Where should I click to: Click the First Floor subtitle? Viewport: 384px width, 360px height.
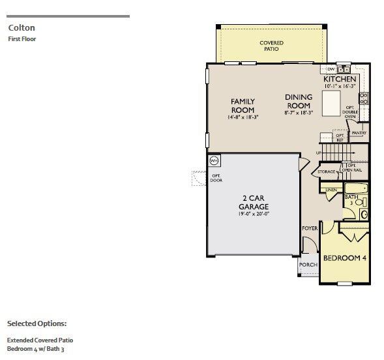(x=22, y=39)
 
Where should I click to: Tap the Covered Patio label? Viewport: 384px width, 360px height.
(x=271, y=46)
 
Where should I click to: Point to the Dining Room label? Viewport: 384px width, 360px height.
(x=299, y=101)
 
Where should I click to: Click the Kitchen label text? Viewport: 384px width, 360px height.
(x=340, y=79)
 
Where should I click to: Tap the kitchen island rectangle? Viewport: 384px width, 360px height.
(x=331, y=102)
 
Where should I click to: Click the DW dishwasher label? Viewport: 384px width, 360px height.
(x=331, y=68)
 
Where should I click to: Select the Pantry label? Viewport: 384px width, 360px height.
(x=359, y=133)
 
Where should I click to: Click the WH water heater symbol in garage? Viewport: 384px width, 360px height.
(x=214, y=160)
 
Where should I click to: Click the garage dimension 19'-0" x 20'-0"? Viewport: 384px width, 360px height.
(x=254, y=213)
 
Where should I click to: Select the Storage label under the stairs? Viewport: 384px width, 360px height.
(x=326, y=172)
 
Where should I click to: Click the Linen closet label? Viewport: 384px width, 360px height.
(x=331, y=190)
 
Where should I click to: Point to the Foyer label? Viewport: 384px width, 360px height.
(x=309, y=228)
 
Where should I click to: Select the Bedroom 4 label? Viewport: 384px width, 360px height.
(x=345, y=258)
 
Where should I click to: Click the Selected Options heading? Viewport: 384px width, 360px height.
(x=37, y=323)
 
